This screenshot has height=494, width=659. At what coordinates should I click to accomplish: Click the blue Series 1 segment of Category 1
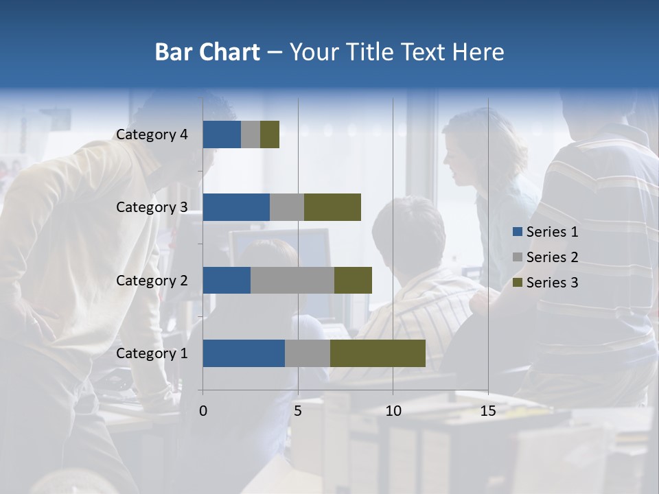click(x=244, y=353)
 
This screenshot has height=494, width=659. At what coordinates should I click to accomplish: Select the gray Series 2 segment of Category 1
click(x=308, y=353)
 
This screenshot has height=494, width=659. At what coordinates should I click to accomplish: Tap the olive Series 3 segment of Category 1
click(x=378, y=353)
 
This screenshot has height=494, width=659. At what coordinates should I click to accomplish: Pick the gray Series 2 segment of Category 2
click(x=292, y=280)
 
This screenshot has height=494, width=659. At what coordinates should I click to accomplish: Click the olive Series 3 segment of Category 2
click(x=353, y=280)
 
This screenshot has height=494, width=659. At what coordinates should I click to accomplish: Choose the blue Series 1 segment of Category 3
click(x=236, y=207)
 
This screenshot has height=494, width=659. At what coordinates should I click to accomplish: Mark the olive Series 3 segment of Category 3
click(x=332, y=207)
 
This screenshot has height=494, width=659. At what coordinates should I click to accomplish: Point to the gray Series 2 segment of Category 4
click(x=251, y=134)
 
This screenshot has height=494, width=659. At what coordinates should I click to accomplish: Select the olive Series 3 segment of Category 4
click(x=270, y=134)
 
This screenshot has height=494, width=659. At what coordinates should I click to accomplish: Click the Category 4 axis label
click(x=152, y=134)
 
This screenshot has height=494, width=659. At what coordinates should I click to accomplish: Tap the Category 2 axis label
click(x=152, y=280)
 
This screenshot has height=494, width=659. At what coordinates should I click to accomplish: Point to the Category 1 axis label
click(x=152, y=353)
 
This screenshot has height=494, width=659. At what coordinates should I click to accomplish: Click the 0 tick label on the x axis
click(x=203, y=411)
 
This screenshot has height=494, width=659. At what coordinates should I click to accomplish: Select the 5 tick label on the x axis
click(x=298, y=411)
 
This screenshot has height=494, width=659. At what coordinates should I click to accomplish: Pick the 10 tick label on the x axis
click(x=393, y=411)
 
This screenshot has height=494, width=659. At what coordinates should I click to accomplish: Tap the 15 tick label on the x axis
click(x=488, y=411)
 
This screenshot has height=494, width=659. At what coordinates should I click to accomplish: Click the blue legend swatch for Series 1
click(x=517, y=232)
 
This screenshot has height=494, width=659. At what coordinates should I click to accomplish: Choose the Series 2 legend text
click(x=552, y=257)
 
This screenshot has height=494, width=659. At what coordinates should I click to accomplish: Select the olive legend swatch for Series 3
click(x=517, y=283)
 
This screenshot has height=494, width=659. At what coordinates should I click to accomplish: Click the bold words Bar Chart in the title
click(x=207, y=52)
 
